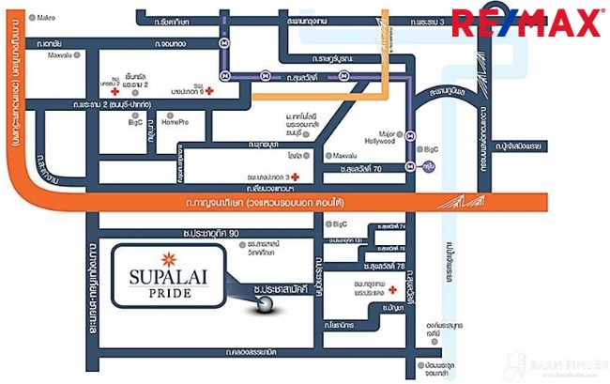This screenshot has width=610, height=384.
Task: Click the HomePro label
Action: click(x=175, y=122)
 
